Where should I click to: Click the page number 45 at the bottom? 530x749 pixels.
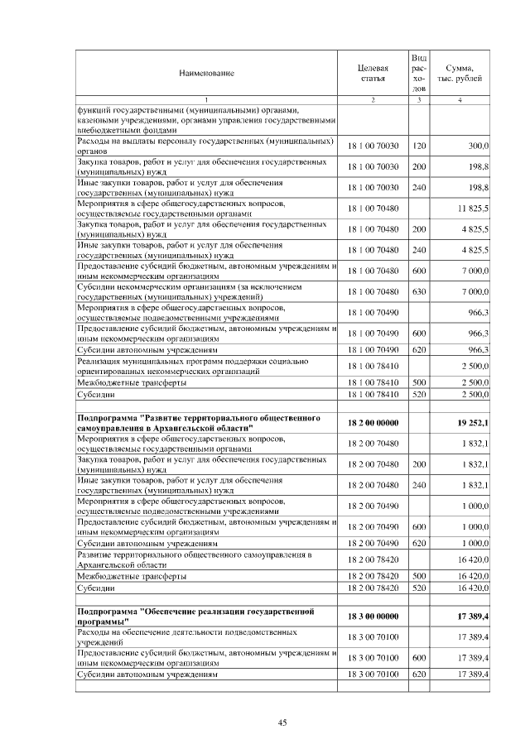pos(282,723)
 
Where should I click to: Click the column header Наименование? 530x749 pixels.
pos(206,73)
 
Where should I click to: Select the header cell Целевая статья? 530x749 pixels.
pos(373,73)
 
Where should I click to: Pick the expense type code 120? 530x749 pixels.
pos(419,146)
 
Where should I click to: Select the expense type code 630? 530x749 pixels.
pos(419,291)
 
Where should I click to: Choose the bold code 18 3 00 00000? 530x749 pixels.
pos(373,617)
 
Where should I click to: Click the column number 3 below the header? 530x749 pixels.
pos(419,100)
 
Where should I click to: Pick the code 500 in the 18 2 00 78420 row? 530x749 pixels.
pos(419,575)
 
